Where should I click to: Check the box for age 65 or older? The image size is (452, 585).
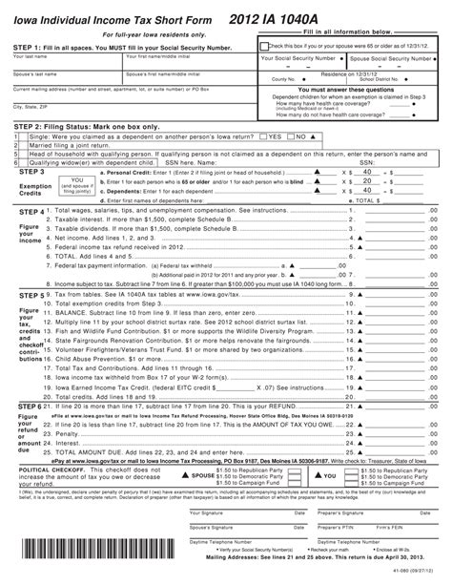(264, 44)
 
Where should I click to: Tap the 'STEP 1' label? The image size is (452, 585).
(30, 45)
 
